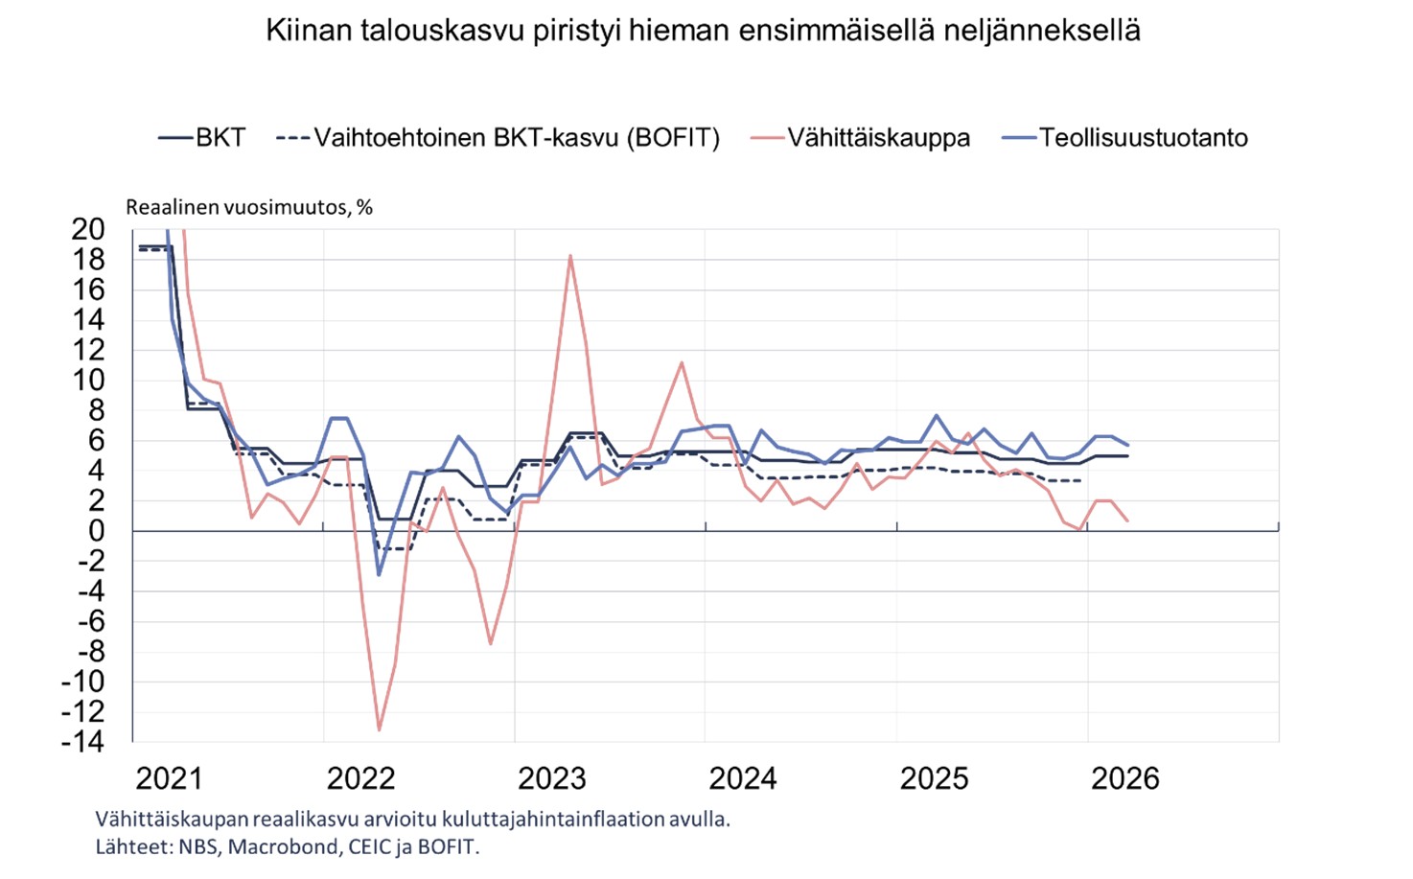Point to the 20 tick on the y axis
coord(88,229)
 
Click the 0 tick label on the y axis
coord(95,531)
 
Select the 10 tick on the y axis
coord(88,381)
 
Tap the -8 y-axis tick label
coord(87,651)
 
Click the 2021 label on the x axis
coord(169,778)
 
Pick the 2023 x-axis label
coord(551,778)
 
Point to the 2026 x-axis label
coord(1124,778)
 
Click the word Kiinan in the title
coord(309,31)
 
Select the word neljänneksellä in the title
coord(1042,31)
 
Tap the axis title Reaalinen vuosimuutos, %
coord(249,207)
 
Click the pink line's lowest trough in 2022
coord(379,730)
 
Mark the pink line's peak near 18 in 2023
coord(570,255)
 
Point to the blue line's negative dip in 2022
coord(379,574)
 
